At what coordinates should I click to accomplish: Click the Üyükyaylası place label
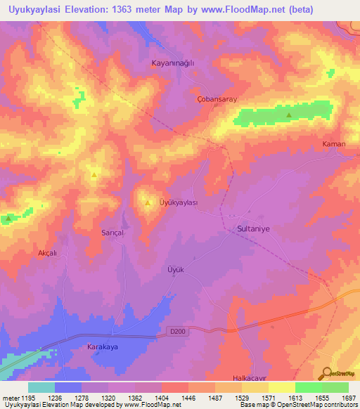point(178,202)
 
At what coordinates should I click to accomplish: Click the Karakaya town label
point(101,347)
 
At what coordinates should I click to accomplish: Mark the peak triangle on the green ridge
point(289,115)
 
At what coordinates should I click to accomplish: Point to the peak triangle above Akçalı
point(8,219)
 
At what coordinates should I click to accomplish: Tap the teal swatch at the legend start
point(41,387)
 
